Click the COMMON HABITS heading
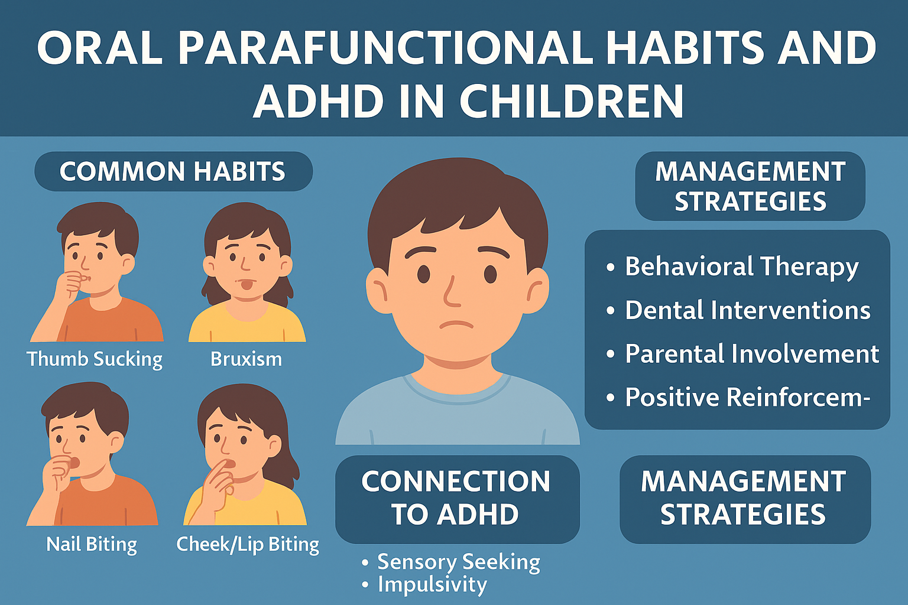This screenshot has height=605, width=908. [173, 171]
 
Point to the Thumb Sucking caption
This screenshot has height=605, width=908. [95, 359]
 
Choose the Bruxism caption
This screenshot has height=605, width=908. [246, 359]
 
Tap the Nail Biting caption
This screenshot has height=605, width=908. [92, 544]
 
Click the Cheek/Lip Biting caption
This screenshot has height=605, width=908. [248, 544]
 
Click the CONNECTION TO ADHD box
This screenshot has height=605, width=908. [457, 499]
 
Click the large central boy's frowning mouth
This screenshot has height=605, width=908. [456, 324]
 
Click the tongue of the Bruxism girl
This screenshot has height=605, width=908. [246, 285]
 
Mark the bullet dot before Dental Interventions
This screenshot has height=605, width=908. [611, 311]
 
